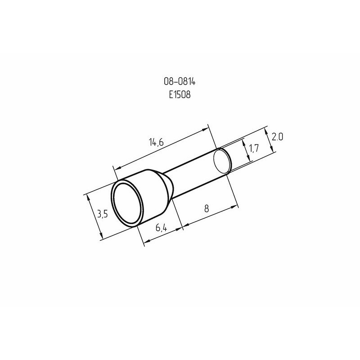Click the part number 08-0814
coord(180,81)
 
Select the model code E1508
coord(180,94)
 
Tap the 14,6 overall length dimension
coord(156,142)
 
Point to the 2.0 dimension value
coord(277,137)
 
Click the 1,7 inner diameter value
coord(254,148)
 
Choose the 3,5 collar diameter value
coord(103,214)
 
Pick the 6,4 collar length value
coord(161,228)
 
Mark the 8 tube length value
coord(207,208)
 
